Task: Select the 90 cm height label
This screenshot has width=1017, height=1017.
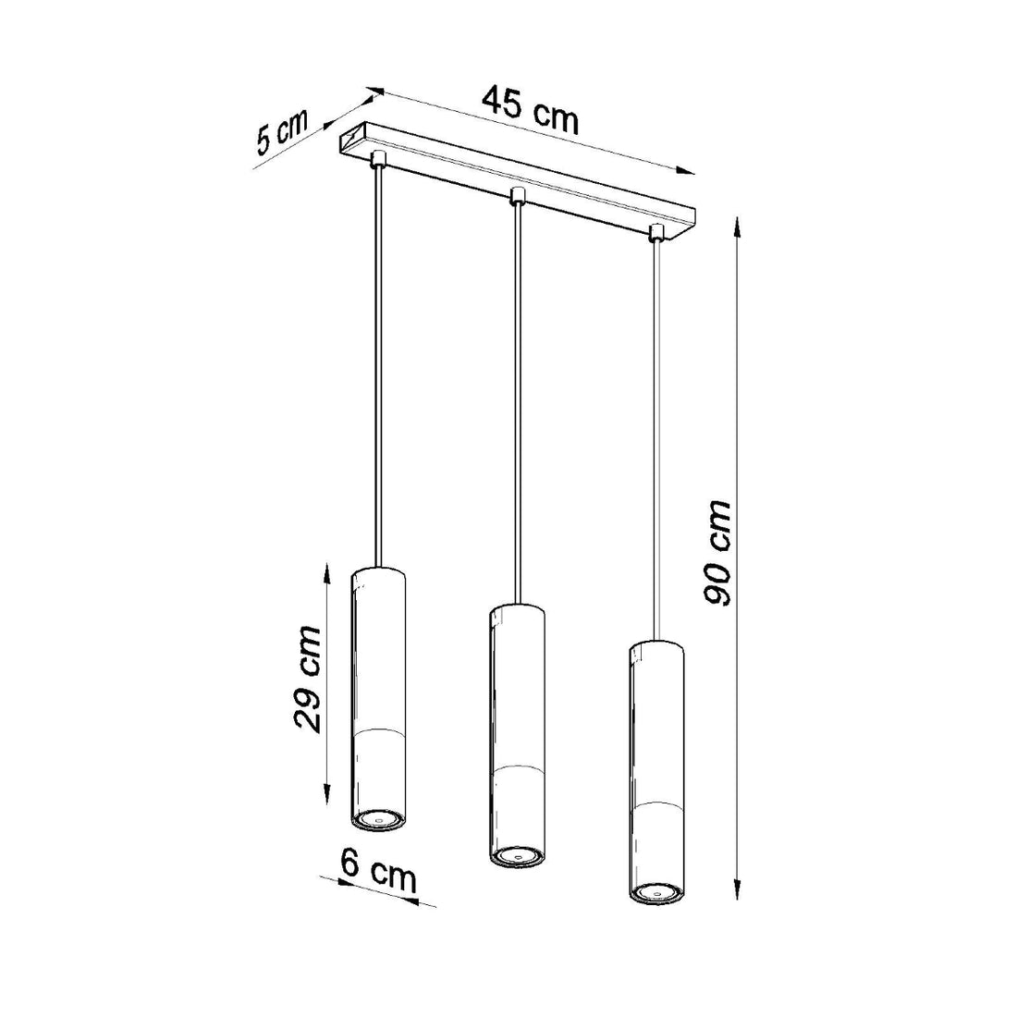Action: click(x=717, y=553)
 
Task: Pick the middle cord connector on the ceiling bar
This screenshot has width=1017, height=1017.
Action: click(x=517, y=197)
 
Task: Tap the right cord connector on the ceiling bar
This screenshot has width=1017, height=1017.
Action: click(x=656, y=231)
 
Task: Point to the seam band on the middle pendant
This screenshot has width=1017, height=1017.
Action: click(x=516, y=769)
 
